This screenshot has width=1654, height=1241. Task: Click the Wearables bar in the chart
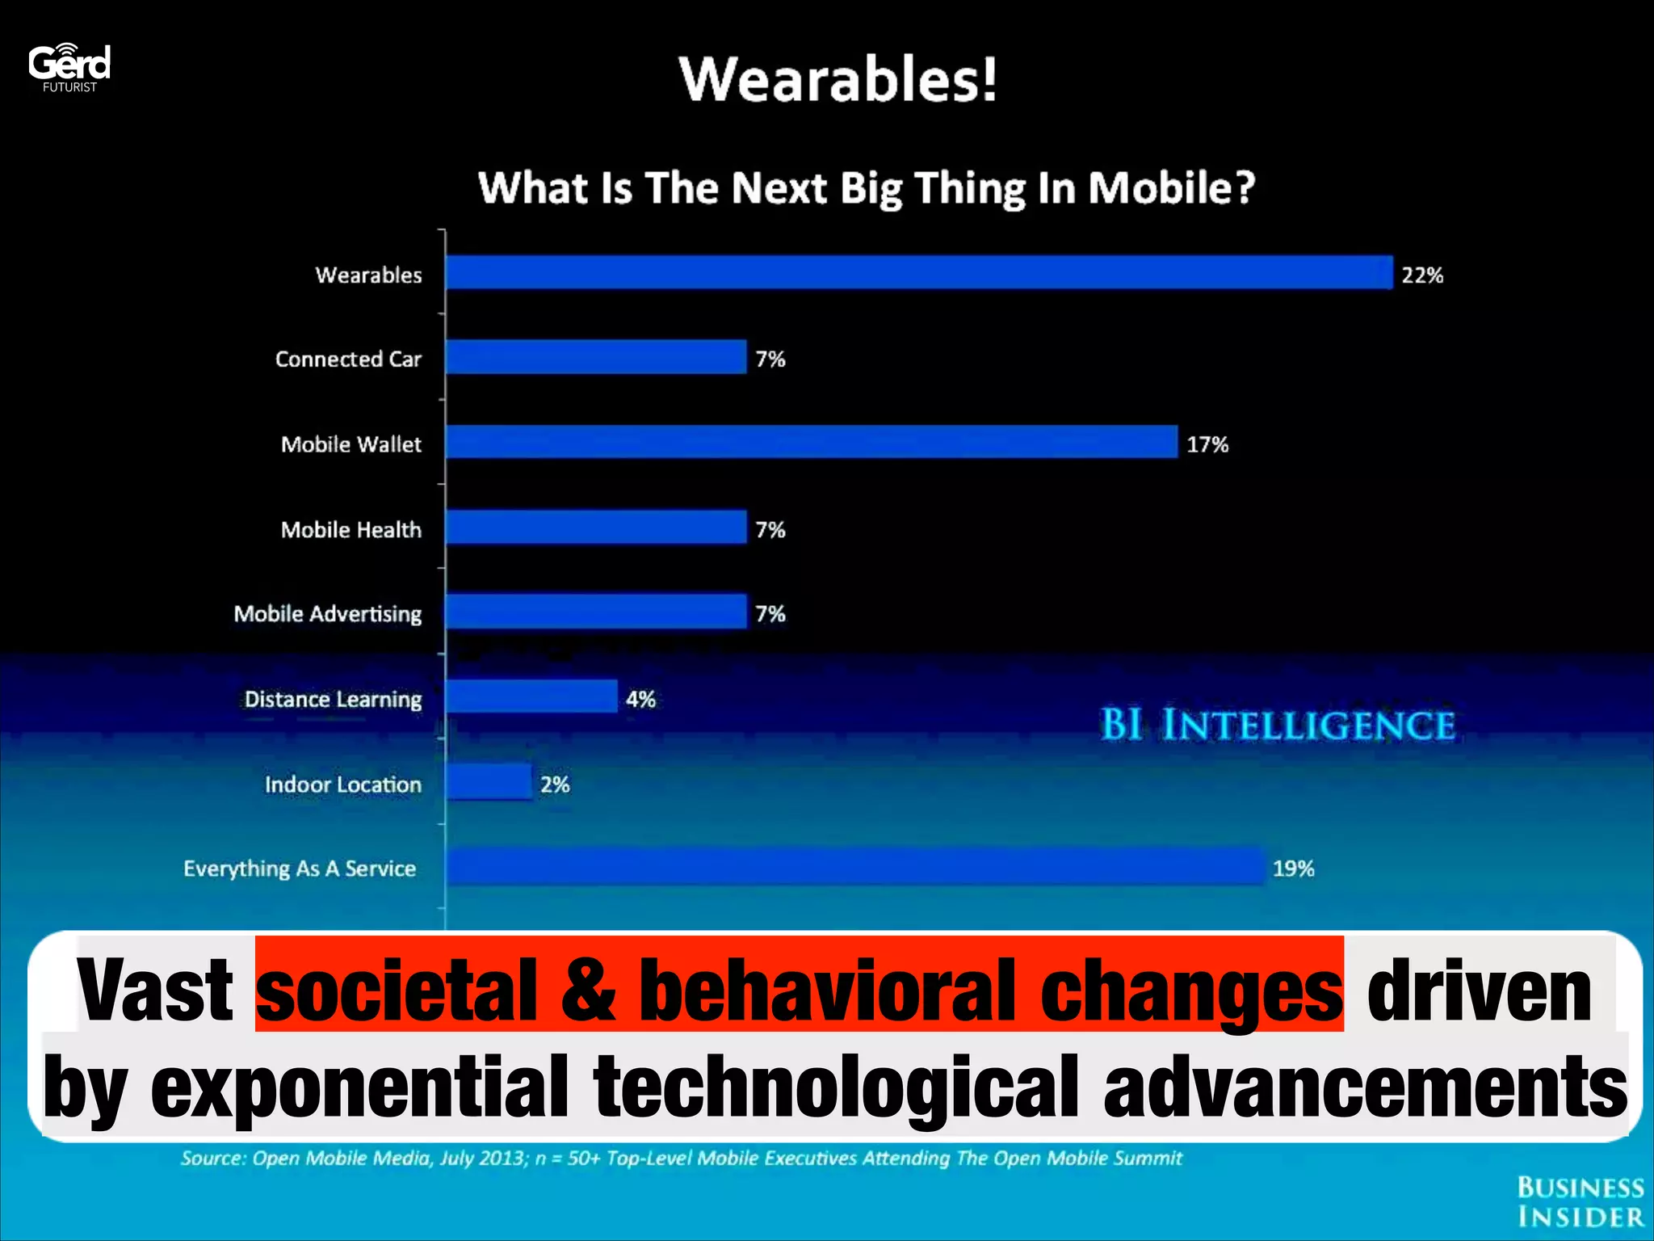pos(919,272)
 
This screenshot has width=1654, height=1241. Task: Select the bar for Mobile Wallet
pos(812,442)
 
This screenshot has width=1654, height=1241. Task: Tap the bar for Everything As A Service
pos(854,867)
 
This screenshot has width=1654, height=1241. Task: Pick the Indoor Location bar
pos(489,782)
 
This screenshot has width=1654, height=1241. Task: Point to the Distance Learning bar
pos(531,696)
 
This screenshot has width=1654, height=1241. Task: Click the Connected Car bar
pos(596,357)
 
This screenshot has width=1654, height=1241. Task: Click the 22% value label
pos(1422,276)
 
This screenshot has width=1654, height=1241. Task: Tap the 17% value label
pos(1207,444)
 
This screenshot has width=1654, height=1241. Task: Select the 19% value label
pos(1294,869)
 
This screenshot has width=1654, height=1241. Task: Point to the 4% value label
pos(641,699)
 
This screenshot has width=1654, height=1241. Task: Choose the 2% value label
pos(556,785)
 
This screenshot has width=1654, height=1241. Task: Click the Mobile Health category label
pos(351,530)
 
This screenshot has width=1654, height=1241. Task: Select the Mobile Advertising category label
pos(328,614)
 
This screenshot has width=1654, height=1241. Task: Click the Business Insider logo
pos(1581,1202)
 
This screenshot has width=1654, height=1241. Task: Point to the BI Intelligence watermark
pos(1278,725)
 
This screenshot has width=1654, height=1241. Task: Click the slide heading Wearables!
pos(838,80)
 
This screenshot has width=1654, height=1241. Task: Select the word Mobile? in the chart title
pos(1171,188)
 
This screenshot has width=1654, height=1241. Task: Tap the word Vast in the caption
pos(155,990)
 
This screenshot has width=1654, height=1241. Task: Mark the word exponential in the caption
pos(360,1087)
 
